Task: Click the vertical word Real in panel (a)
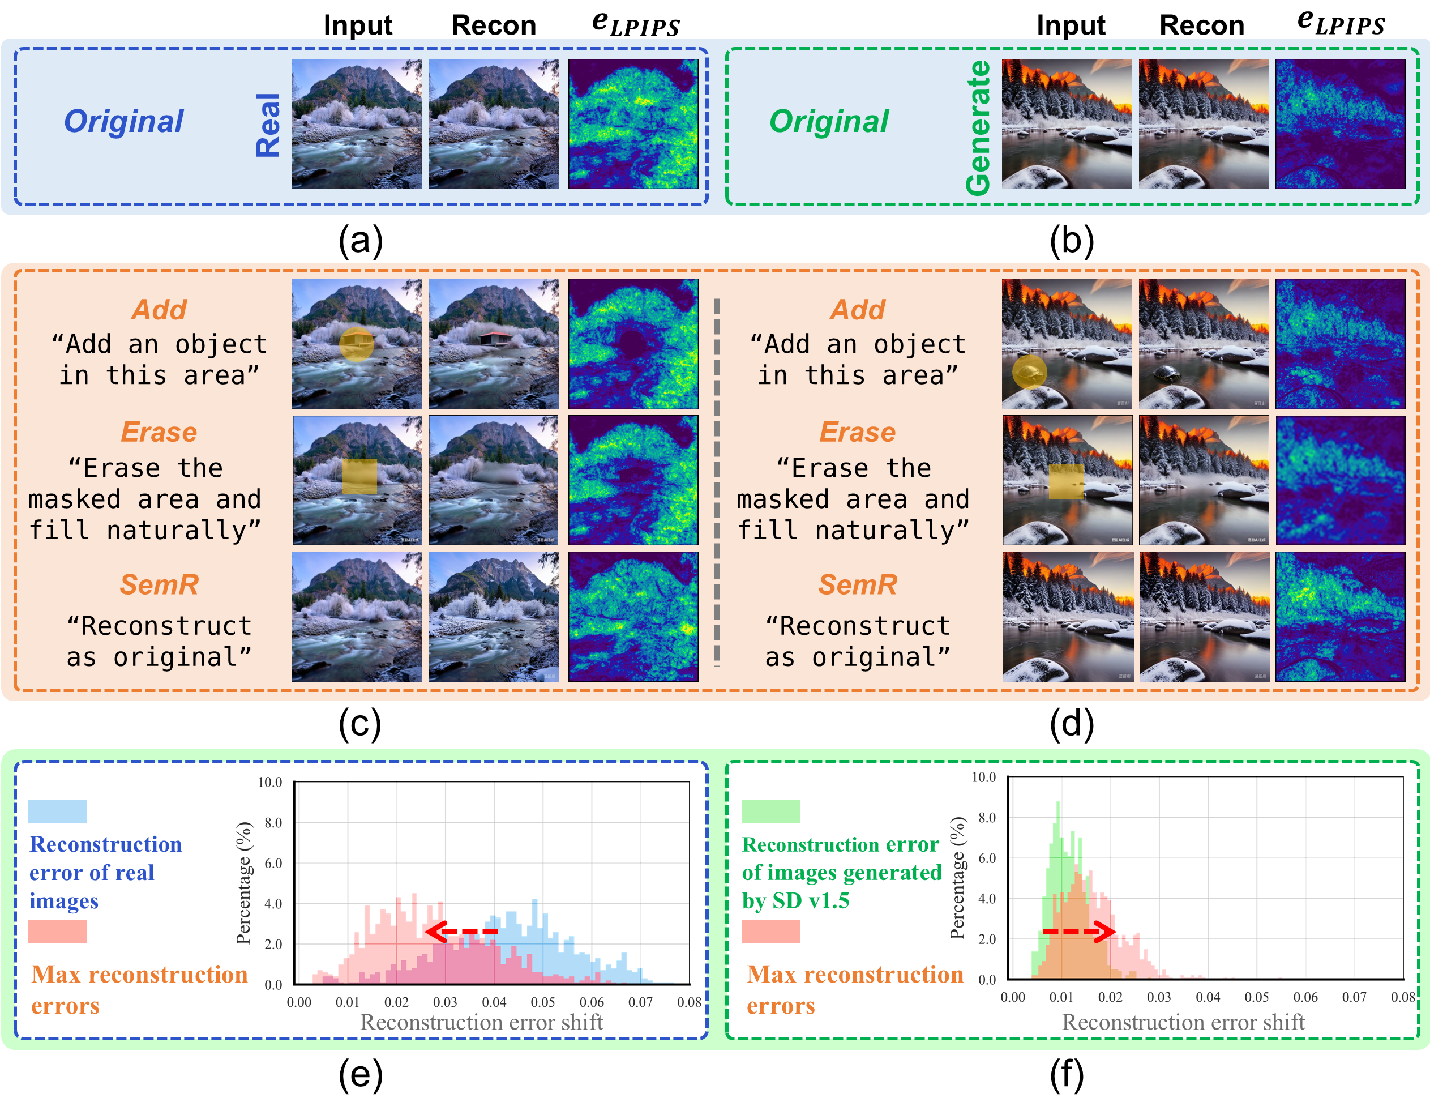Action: click(x=268, y=125)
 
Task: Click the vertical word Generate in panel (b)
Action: click(x=978, y=127)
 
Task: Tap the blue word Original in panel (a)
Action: click(x=124, y=121)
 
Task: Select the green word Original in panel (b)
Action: click(x=828, y=121)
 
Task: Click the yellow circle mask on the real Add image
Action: click(x=357, y=344)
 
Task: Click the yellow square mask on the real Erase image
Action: click(x=359, y=477)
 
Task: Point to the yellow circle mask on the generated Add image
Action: click(x=1029, y=372)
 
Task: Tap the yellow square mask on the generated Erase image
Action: click(x=1066, y=481)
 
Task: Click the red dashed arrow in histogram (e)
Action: click(x=461, y=931)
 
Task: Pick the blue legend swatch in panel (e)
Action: click(x=57, y=811)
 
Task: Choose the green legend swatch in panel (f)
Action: click(x=770, y=811)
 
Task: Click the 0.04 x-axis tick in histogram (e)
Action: click(x=494, y=1002)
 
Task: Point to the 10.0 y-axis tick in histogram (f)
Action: click(x=983, y=777)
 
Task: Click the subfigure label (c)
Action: click(x=360, y=724)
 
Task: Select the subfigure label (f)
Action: click(x=1067, y=1075)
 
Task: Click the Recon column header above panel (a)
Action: click(x=494, y=25)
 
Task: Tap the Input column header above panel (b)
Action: click(x=1071, y=25)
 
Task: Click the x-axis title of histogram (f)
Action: click(x=1183, y=1022)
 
